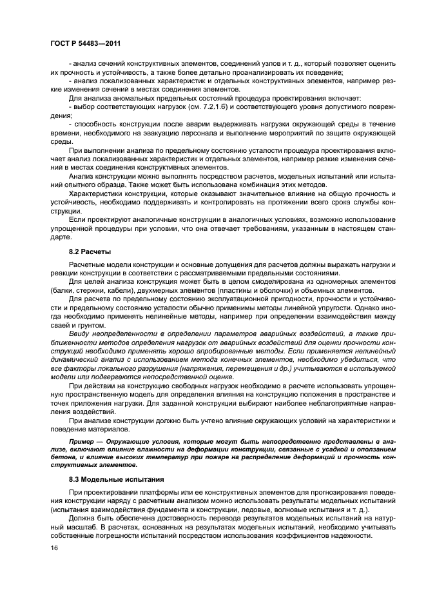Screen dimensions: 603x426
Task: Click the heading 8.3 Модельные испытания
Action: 111,479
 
